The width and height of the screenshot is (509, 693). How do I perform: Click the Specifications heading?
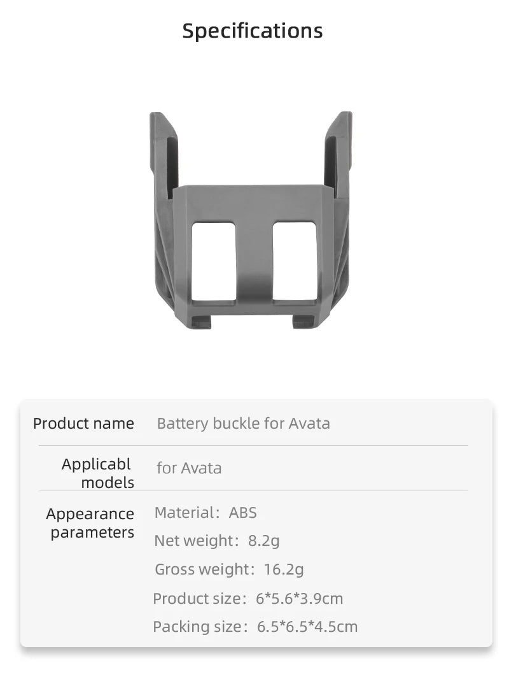click(253, 31)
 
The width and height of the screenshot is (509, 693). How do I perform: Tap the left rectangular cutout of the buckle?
click(213, 261)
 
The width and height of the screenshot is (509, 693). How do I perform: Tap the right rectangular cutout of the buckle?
click(295, 261)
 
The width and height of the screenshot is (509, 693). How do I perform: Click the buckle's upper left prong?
click(163, 153)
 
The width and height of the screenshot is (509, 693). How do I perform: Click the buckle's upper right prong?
click(338, 153)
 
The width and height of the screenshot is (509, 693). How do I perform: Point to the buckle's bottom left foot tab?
click(200, 322)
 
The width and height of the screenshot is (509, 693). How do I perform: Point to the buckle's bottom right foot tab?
click(303, 322)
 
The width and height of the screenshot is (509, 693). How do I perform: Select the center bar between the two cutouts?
click(254, 261)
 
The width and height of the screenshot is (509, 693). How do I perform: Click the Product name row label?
click(83, 424)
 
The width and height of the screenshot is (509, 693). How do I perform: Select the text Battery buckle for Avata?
click(243, 424)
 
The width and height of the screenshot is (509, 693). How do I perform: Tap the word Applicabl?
click(96, 464)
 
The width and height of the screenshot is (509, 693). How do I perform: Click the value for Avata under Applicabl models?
click(189, 468)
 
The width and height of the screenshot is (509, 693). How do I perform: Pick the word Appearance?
click(90, 514)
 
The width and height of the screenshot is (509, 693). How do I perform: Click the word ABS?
click(243, 513)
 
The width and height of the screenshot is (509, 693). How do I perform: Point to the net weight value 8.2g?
click(263, 541)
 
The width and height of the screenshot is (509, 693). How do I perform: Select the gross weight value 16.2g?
click(284, 569)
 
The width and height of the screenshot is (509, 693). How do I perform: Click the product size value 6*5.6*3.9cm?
click(299, 599)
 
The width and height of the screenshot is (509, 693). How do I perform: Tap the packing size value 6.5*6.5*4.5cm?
click(307, 627)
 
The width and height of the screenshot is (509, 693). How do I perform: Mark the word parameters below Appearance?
click(92, 532)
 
